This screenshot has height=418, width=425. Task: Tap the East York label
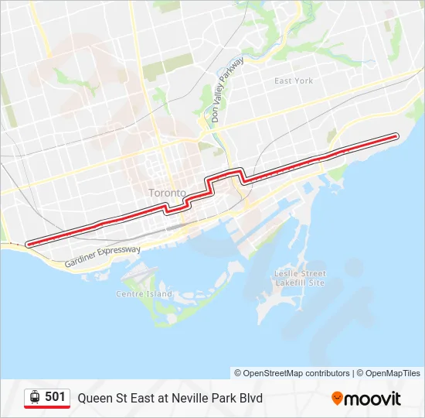click(x=294, y=81)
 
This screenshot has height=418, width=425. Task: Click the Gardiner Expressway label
click(x=103, y=256)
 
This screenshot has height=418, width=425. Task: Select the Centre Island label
click(x=144, y=294)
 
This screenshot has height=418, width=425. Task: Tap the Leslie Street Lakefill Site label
click(x=301, y=278)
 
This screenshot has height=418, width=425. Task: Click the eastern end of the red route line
click(x=396, y=135)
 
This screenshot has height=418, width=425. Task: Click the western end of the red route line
click(x=29, y=244)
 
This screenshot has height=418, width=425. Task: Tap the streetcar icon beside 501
click(x=34, y=397)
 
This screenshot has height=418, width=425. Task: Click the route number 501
click(x=55, y=397)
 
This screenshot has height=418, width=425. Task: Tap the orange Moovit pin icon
click(x=338, y=399)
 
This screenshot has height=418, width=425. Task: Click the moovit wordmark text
click(x=373, y=399)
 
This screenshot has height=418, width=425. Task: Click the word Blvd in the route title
click(x=249, y=398)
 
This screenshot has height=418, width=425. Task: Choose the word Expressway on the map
click(x=117, y=252)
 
